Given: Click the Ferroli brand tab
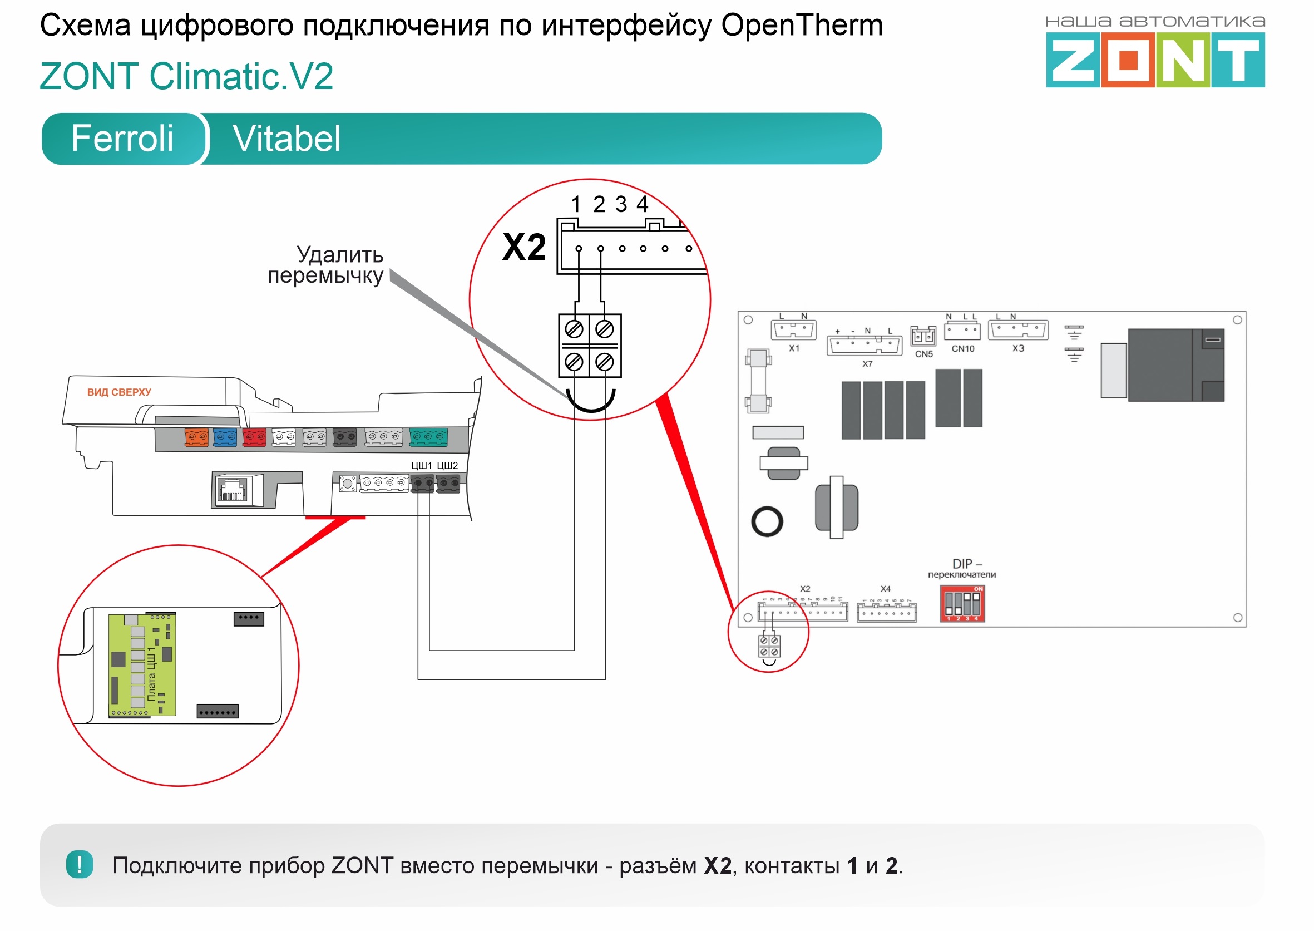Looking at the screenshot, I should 122,138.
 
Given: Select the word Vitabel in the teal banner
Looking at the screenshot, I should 286,139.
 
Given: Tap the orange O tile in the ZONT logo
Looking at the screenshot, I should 1128,60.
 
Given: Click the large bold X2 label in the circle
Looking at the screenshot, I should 524,248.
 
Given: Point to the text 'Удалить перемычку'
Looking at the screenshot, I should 327,265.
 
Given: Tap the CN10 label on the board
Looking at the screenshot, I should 963,348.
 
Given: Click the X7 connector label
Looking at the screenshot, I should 867,364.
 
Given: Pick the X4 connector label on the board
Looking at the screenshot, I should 885,589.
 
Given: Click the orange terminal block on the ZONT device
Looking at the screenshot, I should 196,437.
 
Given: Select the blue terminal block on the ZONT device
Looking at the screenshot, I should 225,437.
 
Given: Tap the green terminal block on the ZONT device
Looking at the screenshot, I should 428,436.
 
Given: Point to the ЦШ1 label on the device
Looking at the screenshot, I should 421,465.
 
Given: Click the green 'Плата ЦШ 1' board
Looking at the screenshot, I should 142,665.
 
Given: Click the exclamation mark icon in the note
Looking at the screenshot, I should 80,864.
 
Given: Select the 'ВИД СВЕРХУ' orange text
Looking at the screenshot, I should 119,392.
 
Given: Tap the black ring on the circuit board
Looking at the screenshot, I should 767,521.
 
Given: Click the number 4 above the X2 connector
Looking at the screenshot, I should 643,204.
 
